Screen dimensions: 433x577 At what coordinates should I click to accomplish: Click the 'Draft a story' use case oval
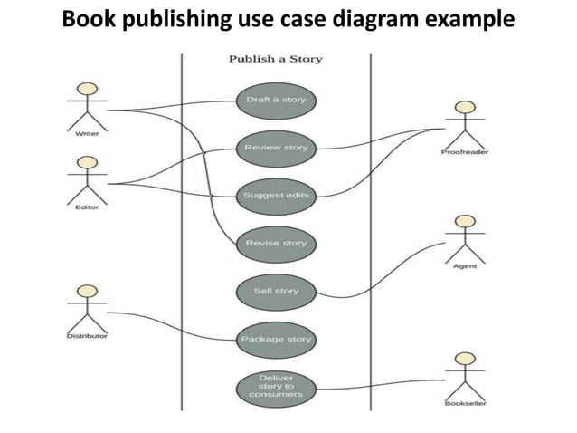[x=276, y=100]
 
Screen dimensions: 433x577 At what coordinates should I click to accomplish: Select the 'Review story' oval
[x=276, y=147]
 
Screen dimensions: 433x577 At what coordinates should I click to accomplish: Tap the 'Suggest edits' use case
[x=276, y=195]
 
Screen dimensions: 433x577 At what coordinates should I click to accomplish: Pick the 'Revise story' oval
[x=276, y=243]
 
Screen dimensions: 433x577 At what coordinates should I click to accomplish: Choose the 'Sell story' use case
[x=276, y=291]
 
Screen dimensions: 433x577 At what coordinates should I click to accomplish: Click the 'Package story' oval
[x=276, y=339]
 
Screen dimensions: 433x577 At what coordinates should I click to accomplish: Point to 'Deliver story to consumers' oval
[x=276, y=387]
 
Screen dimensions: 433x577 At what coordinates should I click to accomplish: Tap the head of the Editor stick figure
[x=87, y=162]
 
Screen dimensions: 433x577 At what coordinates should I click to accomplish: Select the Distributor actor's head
[x=87, y=291]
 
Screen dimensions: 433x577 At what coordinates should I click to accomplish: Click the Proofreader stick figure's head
[x=465, y=109]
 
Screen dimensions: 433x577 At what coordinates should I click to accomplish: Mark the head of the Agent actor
[x=465, y=221]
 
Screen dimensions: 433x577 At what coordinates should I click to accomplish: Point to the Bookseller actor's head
[x=465, y=360]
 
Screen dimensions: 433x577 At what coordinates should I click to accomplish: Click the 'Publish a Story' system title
[x=275, y=59]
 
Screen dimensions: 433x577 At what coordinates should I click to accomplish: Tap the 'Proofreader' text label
[x=465, y=153]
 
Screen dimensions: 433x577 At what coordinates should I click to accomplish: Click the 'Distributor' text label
[x=87, y=335]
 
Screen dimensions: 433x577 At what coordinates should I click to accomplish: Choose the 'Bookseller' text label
[x=465, y=403]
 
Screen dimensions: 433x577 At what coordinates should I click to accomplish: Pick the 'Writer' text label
[x=87, y=133]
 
